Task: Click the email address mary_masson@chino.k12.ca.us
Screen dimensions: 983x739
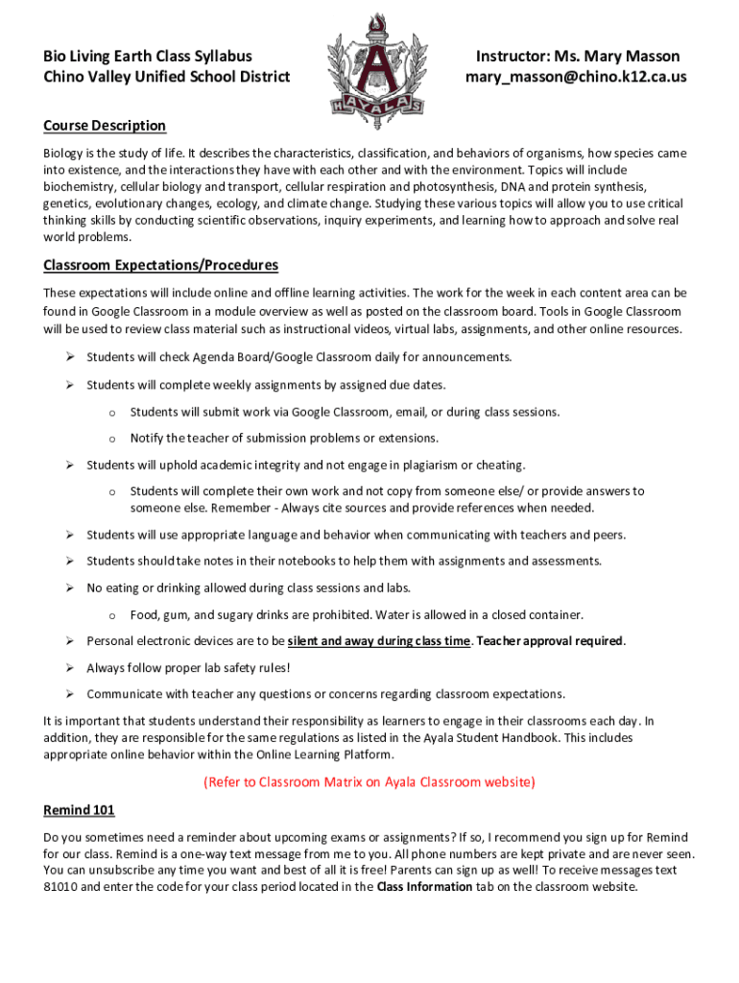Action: click(x=577, y=77)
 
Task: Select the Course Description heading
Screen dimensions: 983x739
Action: click(x=105, y=126)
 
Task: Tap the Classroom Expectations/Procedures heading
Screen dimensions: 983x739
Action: click(x=160, y=265)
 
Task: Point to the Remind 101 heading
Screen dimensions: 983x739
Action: click(x=79, y=810)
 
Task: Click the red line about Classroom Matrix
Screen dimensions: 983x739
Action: click(x=369, y=782)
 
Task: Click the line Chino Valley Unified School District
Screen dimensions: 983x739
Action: click(x=166, y=77)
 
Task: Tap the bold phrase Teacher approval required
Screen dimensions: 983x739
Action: click(x=550, y=641)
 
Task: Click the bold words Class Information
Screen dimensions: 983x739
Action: click(x=424, y=887)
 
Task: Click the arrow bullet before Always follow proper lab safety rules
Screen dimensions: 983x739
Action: click(x=70, y=667)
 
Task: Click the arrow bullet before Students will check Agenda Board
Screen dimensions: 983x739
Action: click(x=70, y=357)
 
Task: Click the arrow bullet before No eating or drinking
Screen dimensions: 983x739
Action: click(x=70, y=587)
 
